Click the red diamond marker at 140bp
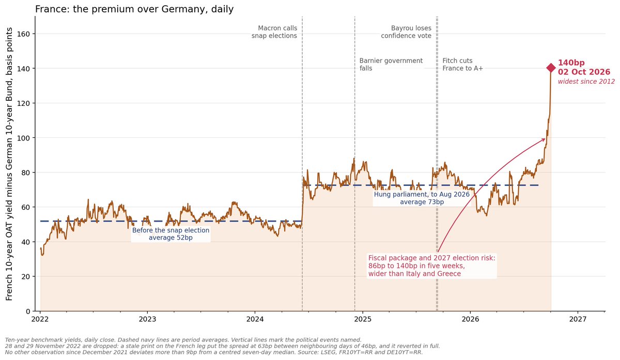point(551,68)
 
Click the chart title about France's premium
point(134,9)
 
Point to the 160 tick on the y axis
point(23,34)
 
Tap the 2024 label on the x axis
point(255,319)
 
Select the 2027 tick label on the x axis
point(578,319)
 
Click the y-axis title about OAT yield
point(9,164)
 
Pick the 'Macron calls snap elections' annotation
point(274,32)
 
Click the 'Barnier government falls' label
point(391,65)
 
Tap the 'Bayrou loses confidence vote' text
point(406,32)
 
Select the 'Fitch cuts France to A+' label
point(462,65)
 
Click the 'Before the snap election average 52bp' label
point(171,234)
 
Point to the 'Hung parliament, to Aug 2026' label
point(422,194)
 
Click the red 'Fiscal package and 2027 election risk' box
point(432,266)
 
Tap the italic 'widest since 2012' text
point(586,82)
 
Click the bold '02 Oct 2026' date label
point(584,72)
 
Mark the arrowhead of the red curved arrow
point(545,139)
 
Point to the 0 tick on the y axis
point(28,311)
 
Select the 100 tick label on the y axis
point(23,138)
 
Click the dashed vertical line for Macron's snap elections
point(302,164)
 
